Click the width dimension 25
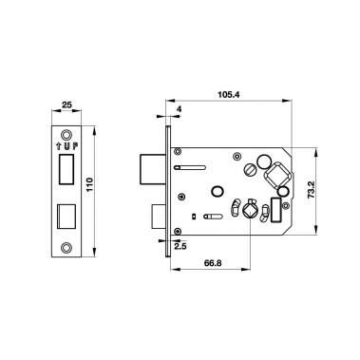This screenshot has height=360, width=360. coord(66,104)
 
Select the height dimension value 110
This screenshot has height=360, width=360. coord(89,184)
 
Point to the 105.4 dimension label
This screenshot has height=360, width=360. coord(229,94)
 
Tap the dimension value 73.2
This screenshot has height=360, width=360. coord(312,190)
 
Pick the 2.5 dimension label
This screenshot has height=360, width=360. coord(180,246)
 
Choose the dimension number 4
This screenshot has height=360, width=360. coord(179,109)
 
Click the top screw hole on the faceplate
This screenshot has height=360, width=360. coord(66,135)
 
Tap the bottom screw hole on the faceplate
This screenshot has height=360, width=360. coord(66,247)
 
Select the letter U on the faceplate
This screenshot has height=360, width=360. coord(66,146)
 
